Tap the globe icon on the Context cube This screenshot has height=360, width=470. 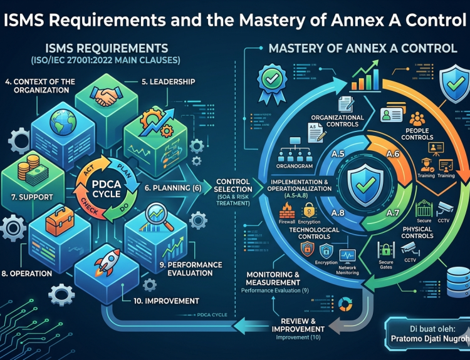(63, 123)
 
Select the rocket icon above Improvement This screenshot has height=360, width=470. (107, 263)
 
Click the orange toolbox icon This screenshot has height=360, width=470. (60, 222)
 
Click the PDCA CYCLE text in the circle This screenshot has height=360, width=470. (107, 188)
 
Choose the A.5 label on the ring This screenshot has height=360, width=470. (338, 154)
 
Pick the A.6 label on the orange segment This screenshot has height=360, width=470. (393, 154)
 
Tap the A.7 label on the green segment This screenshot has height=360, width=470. (392, 213)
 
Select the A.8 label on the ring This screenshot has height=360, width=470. (338, 213)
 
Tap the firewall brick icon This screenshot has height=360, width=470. (286, 210)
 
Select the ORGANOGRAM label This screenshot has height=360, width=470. (295, 166)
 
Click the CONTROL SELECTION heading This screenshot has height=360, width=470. (233, 185)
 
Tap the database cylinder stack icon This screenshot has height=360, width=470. (458, 282)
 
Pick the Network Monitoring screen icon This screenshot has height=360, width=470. (347, 257)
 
